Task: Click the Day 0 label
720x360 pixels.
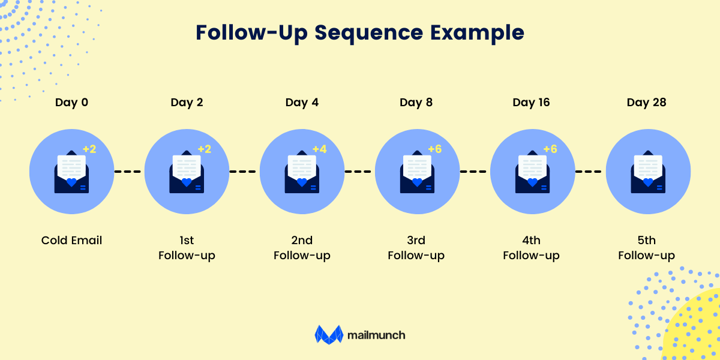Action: pyautogui.click(x=71, y=103)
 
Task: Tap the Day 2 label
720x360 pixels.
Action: pyautogui.click(x=187, y=103)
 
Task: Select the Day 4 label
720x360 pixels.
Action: pyautogui.click(x=302, y=103)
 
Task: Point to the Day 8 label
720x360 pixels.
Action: pyautogui.click(x=416, y=103)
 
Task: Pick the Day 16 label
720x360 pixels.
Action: pyautogui.click(x=532, y=103)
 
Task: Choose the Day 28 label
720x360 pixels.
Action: pyautogui.click(x=646, y=103)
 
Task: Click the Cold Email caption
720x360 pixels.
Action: pyautogui.click(x=71, y=241)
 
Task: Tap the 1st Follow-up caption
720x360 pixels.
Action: pyautogui.click(x=187, y=248)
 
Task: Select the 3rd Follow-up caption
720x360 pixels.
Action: pyautogui.click(x=416, y=248)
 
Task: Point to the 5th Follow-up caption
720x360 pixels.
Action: pyautogui.click(x=646, y=248)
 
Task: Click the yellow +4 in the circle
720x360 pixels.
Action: pyautogui.click(x=319, y=149)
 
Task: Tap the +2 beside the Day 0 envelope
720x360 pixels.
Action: pyautogui.click(x=89, y=149)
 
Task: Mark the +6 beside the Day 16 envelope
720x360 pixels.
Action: pyautogui.click(x=550, y=149)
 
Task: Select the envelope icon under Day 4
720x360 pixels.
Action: pyautogui.click(x=302, y=173)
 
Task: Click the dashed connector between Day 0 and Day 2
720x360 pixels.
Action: pyautogui.click(x=128, y=172)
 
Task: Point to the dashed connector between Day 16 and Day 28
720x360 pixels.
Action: pyautogui.click(x=588, y=172)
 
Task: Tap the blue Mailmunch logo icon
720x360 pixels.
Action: pyautogui.click(x=328, y=335)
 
